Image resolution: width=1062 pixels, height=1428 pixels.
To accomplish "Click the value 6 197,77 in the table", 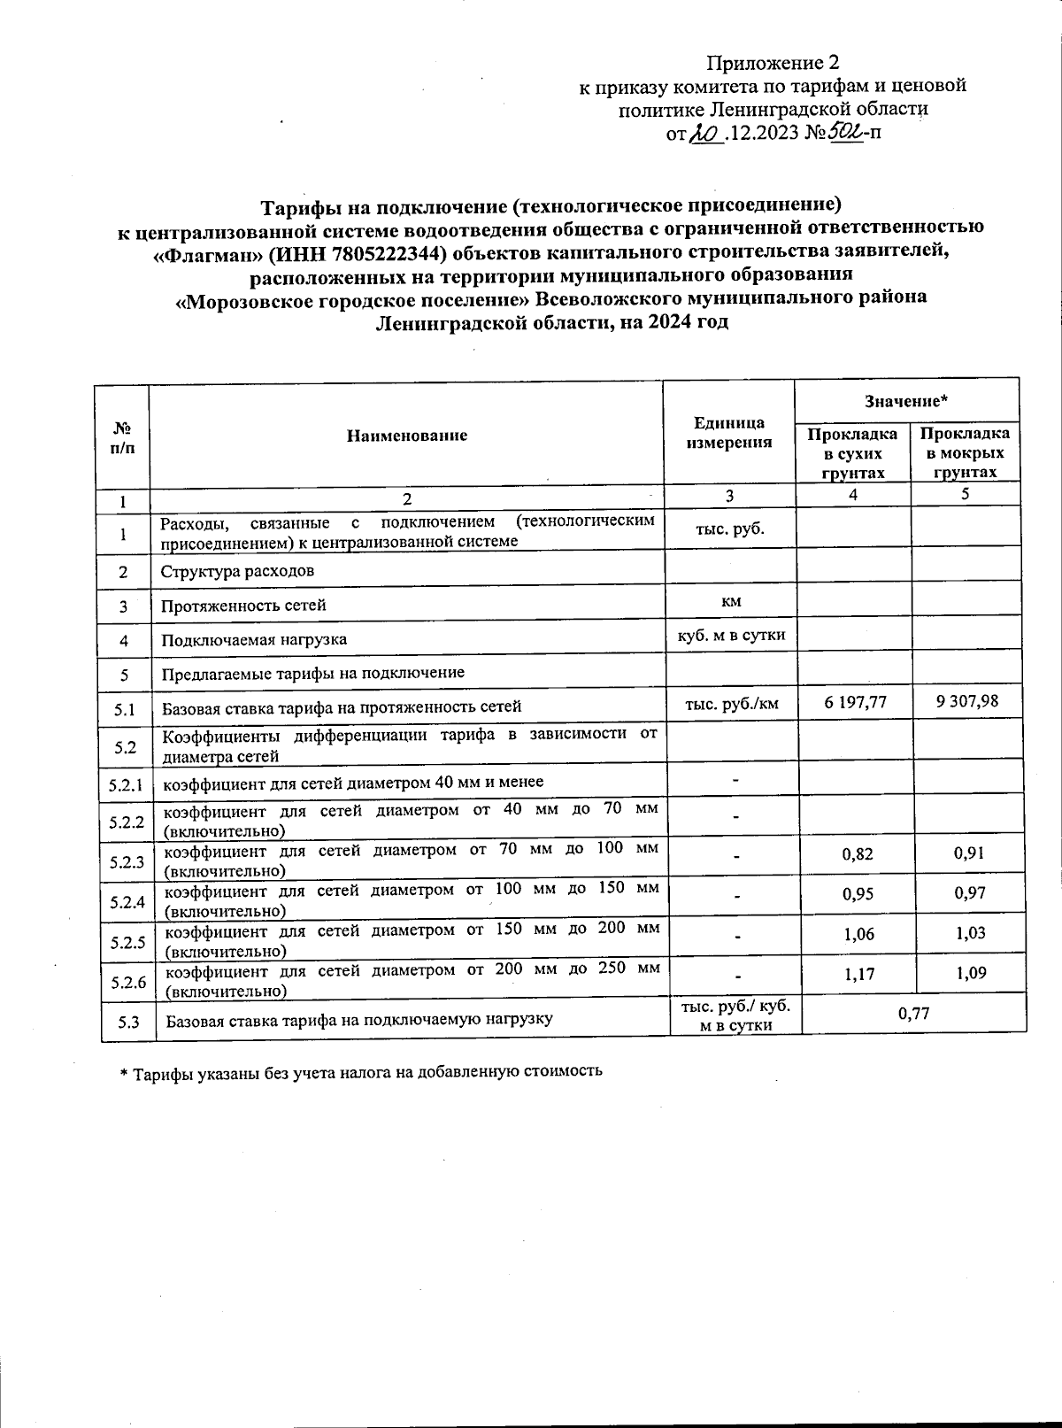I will click(853, 702).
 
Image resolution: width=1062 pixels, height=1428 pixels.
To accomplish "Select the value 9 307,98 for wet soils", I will click(966, 701).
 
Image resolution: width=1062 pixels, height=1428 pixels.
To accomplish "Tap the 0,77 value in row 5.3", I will click(913, 1014).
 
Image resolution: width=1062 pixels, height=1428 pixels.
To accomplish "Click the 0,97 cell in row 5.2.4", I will click(970, 893).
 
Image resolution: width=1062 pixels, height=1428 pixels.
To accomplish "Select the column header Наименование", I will click(406, 436).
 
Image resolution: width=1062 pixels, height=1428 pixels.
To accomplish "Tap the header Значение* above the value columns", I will click(906, 402).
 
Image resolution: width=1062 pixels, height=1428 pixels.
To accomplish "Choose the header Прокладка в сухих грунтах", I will click(852, 453).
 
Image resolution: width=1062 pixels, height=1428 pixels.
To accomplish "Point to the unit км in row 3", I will click(730, 602).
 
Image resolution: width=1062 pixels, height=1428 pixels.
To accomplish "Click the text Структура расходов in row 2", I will click(236, 571).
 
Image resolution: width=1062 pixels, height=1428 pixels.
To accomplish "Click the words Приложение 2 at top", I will click(771, 63).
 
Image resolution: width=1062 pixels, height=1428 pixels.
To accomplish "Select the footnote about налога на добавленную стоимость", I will click(361, 1070).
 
